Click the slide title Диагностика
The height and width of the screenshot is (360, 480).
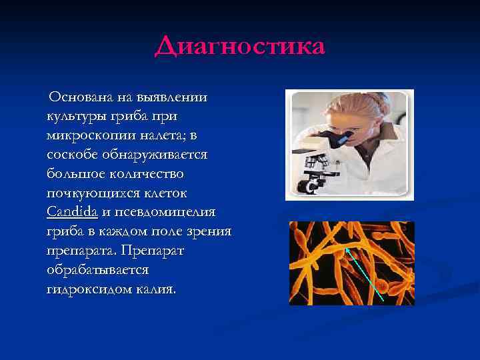(x=239, y=47)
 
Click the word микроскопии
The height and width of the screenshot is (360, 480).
(x=91, y=135)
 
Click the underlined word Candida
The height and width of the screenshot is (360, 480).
(x=73, y=213)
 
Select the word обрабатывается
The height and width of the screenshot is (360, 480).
(x=98, y=271)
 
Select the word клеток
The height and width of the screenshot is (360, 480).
(x=167, y=193)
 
